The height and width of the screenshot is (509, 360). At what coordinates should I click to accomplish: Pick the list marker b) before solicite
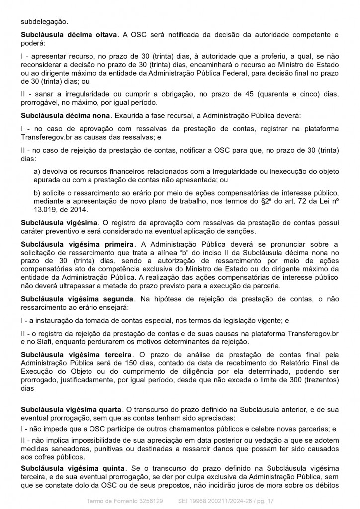pyautogui.click(x=37, y=192)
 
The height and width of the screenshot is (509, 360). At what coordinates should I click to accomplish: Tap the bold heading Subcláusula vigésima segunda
pyautogui.click(x=77, y=298)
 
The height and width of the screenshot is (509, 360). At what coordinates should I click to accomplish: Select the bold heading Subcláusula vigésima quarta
pyautogui.click(x=73, y=409)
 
